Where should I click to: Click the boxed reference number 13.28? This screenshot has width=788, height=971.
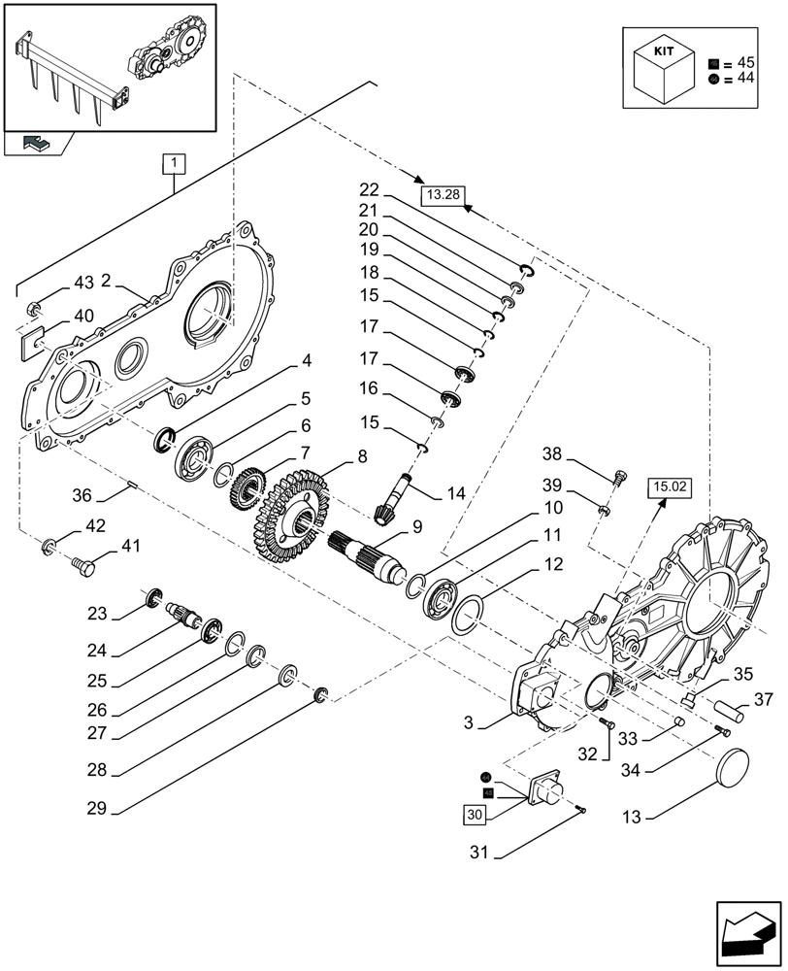click(443, 195)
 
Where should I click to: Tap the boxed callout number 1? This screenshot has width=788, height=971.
click(172, 163)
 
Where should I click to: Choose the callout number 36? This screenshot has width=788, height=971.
click(82, 495)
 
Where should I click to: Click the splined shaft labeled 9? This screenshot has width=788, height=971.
click(370, 560)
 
